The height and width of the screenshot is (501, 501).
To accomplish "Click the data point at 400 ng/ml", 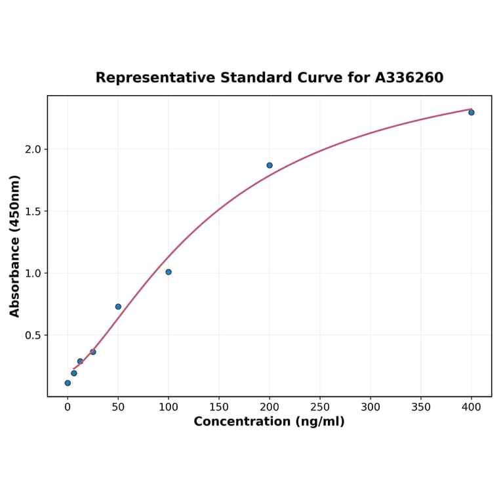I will [x=471, y=113].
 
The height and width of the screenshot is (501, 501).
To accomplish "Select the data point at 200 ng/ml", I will [x=270, y=165].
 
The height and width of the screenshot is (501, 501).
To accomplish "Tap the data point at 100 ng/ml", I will [x=169, y=272].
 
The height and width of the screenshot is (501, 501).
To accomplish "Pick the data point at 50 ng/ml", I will [x=118, y=307].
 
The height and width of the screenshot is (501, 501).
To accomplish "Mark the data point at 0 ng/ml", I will [x=68, y=383].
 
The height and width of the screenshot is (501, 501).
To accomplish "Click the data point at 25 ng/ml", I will [x=93, y=352].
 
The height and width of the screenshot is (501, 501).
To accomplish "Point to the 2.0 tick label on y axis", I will [x=32, y=150].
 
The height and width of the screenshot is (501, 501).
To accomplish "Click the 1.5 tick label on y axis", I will [x=32, y=211].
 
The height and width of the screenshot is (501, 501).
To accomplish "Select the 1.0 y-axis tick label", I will [x=32, y=273].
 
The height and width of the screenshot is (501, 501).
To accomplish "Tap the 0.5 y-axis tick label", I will [x=32, y=335].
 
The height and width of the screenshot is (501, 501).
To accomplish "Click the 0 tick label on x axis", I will [x=68, y=407].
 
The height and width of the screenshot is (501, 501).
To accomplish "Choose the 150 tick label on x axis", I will [x=219, y=407].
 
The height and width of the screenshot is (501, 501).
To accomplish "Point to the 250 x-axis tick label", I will [x=320, y=407].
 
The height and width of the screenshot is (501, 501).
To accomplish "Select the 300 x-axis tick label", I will [x=371, y=407].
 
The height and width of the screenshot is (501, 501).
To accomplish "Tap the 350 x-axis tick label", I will [x=421, y=407].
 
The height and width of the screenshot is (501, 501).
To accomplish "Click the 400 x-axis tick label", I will [x=471, y=407].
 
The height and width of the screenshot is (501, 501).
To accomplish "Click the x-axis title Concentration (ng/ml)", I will [x=269, y=422].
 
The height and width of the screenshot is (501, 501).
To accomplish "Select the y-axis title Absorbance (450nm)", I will [x=15, y=246].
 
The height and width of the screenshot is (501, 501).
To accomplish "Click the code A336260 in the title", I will [x=409, y=78].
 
